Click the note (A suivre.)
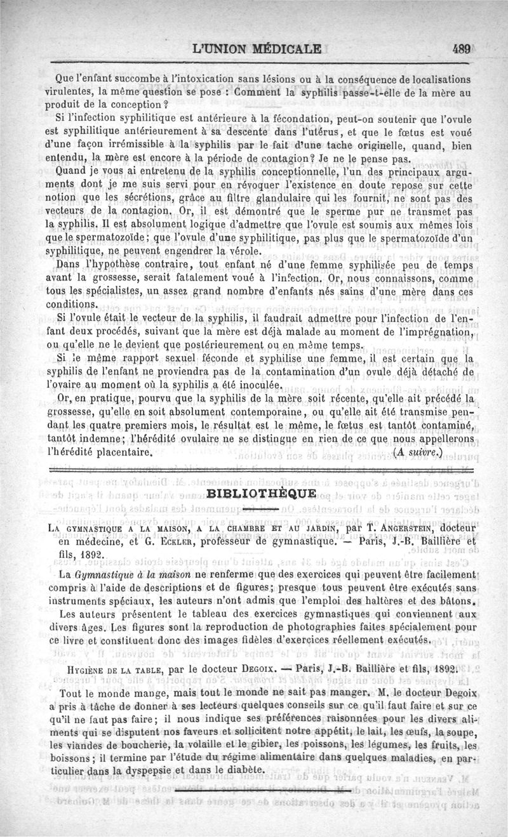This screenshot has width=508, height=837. point(418,453)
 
